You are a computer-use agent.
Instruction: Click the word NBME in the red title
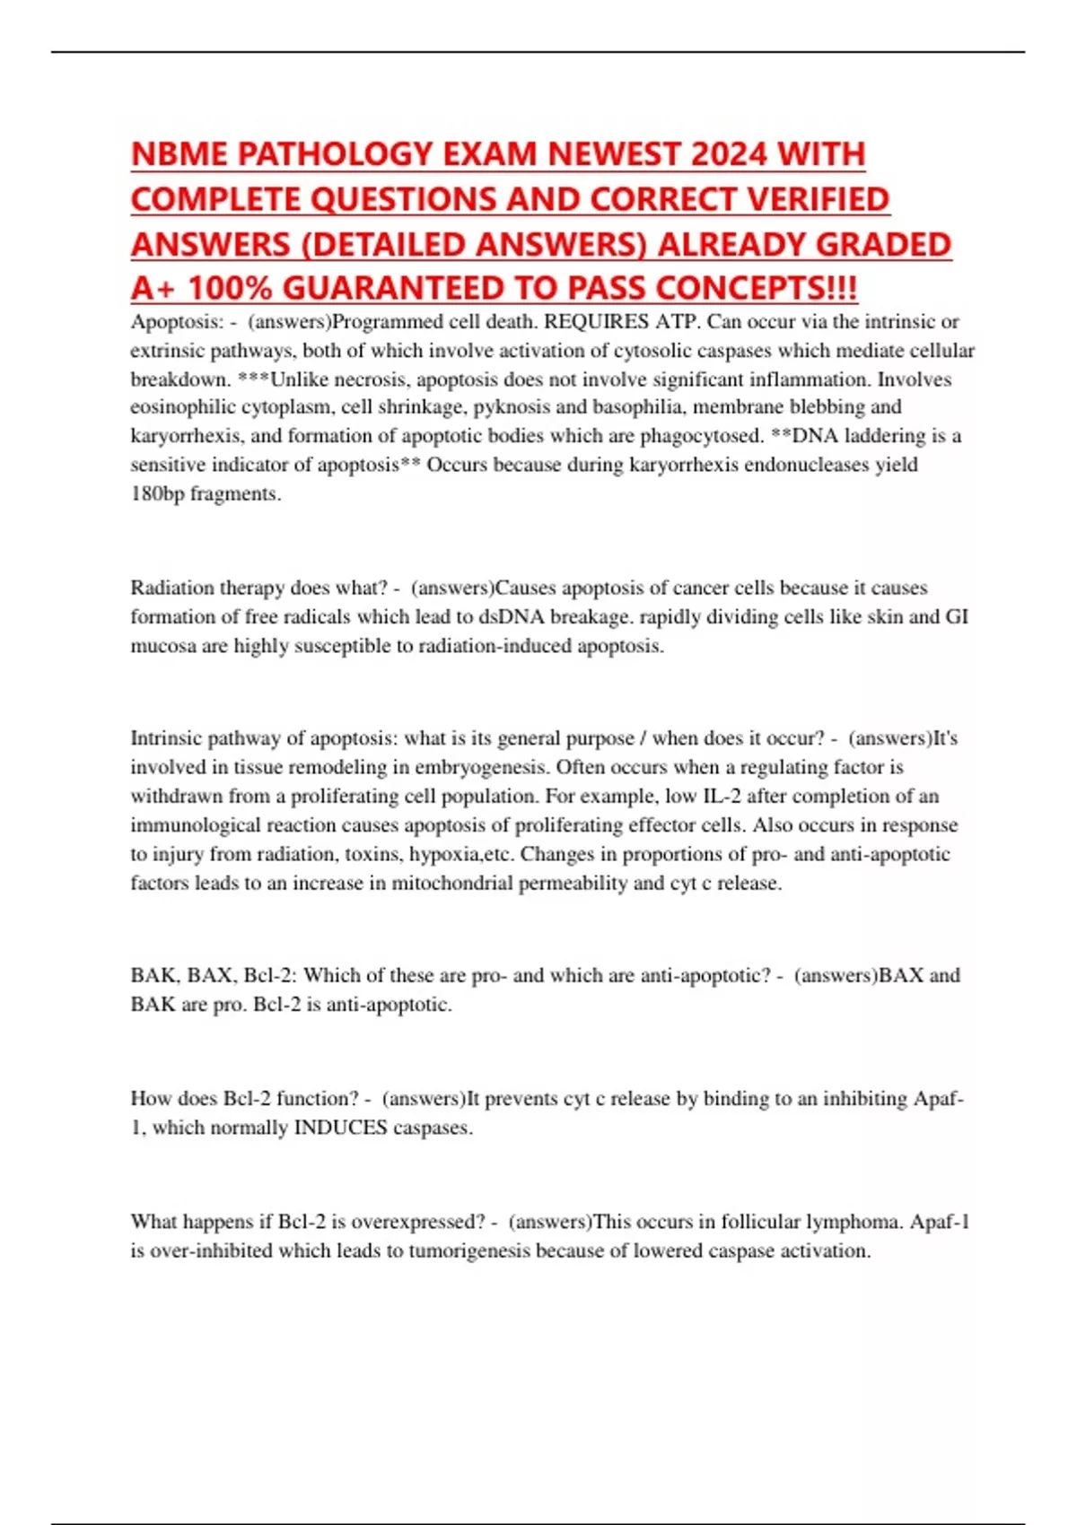click(175, 154)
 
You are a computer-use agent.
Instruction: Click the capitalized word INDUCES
click(340, 1128)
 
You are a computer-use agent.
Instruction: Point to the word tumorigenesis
click(469, 1250)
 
